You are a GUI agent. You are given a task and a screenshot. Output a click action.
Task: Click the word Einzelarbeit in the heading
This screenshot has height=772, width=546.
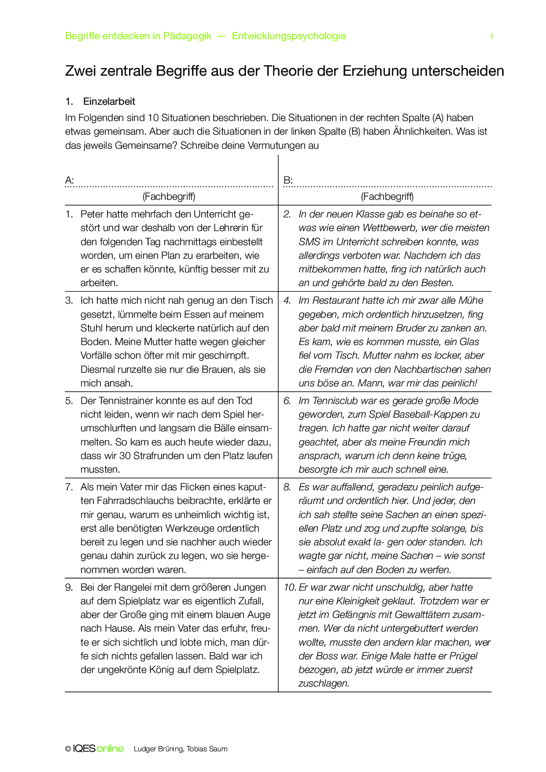coord(109,102)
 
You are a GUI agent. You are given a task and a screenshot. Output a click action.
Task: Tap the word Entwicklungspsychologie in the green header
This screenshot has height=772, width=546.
coord(289,36)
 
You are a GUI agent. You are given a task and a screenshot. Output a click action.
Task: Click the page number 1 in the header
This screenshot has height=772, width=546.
coord(491,37)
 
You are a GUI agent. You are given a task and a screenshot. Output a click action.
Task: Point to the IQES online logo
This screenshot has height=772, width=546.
coord(98,749)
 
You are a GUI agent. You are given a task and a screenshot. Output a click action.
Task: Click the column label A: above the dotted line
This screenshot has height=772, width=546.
coord(70,180)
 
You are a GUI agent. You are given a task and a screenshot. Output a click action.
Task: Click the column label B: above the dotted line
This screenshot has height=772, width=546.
coord(288,180)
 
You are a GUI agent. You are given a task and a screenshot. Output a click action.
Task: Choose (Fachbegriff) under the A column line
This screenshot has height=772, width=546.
coord(169,196)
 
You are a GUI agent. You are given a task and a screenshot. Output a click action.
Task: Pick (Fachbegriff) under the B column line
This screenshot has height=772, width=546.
coord(387,196)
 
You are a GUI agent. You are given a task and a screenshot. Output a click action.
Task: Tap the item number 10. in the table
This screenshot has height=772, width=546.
coord(290,588)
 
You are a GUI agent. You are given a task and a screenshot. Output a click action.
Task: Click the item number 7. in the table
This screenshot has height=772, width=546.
coord(69,487)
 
